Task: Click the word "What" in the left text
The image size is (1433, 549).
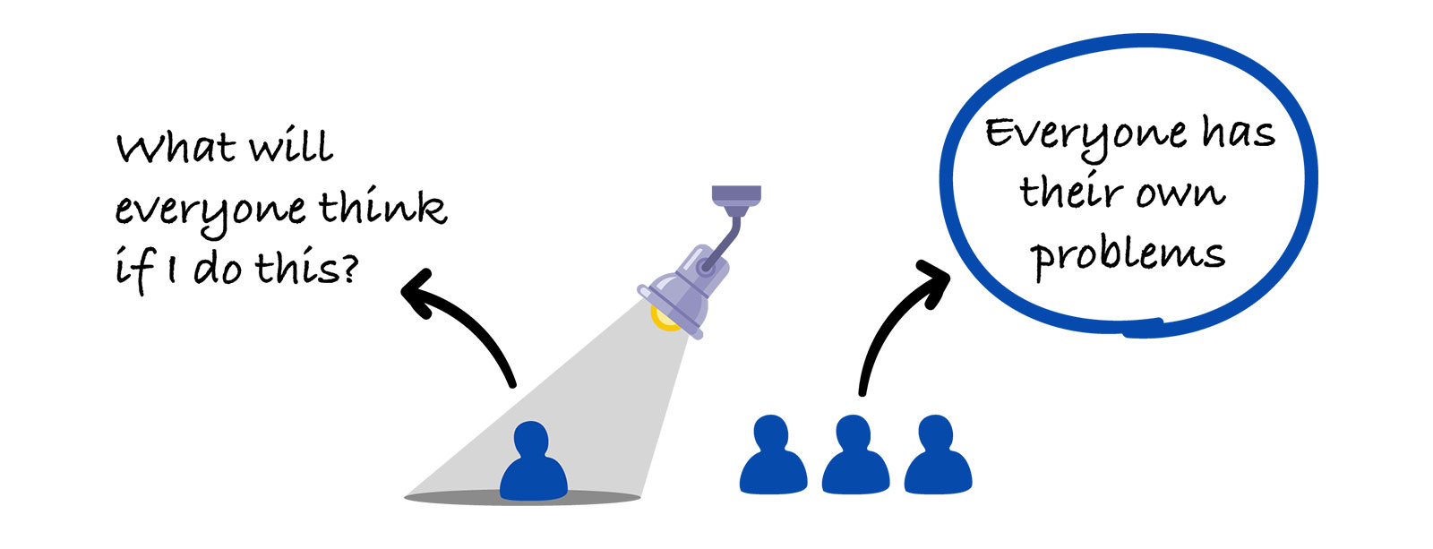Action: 176,147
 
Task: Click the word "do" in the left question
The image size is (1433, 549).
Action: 217,267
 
